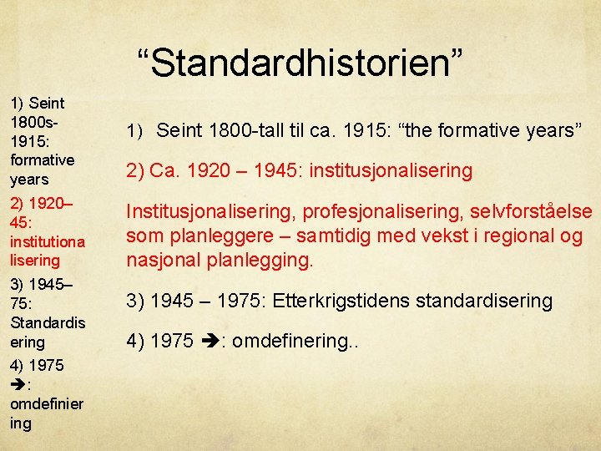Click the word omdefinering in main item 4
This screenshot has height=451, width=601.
pyautogui.click(x=287, y=342)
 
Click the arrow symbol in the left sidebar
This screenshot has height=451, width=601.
pyautogui.click(x=18, y=385)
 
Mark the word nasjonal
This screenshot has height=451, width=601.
pyautogui.click(x=159, y=261)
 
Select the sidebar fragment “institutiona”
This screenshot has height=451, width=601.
pyautogui.click(x=47, y=241)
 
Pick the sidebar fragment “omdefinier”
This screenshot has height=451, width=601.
pyautogui.click(x=47, y=404)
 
